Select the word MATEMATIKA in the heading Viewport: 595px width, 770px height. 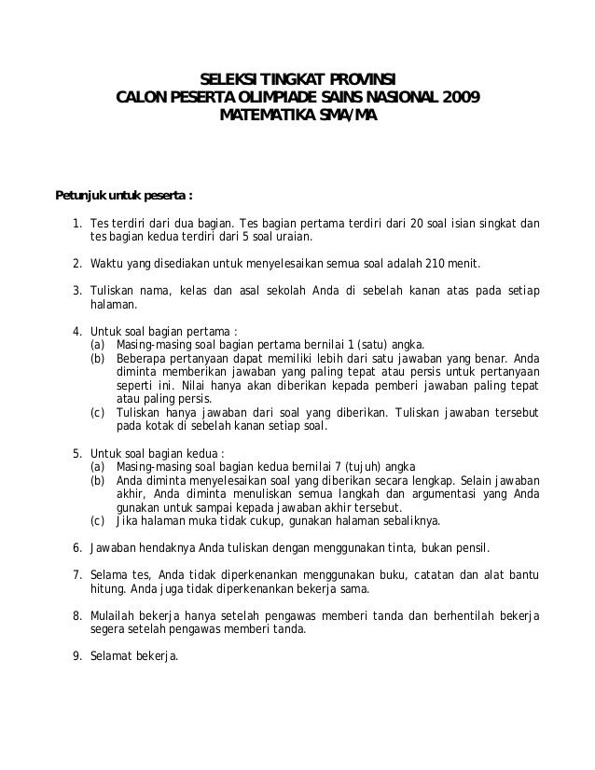point(263,114)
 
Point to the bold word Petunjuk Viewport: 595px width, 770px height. point(82,197)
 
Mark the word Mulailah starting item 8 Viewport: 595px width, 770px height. point(112,615)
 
